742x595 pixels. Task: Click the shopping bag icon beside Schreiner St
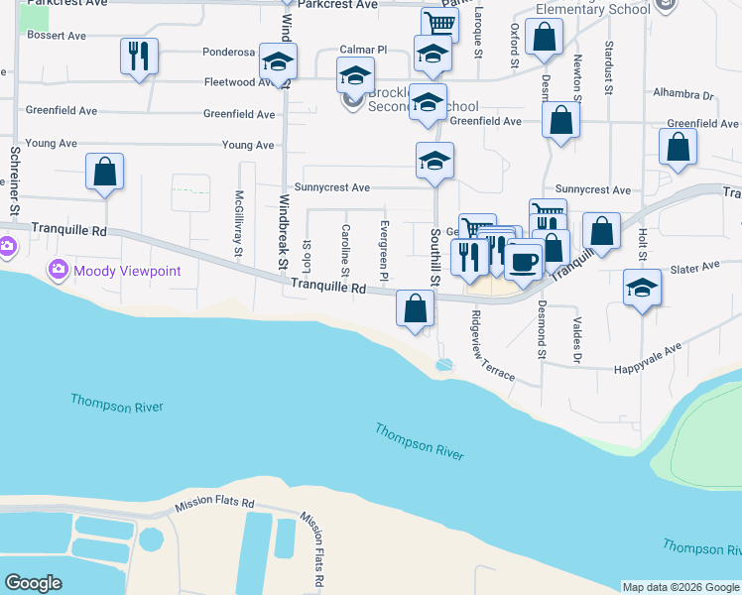[x=104, y=172]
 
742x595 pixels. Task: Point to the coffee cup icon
[x=523, y=261]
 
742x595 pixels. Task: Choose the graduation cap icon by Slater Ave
[x=643, y=289]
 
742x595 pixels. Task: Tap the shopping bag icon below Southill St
[x=415, y=308]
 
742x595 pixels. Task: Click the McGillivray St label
[x=239, y=223]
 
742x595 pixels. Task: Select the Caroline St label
[x=345, y=250]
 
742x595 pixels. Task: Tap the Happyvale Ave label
[x=646, y=351]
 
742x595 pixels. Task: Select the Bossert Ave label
[x=58, y=35]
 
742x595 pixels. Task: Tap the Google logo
[x=33, y=583]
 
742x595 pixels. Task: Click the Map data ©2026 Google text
[x=680, y=587]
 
